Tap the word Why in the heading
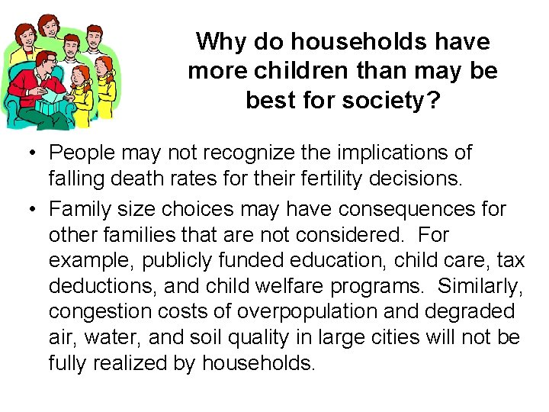[x=220, y=41]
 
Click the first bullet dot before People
[x=26, y=153]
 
